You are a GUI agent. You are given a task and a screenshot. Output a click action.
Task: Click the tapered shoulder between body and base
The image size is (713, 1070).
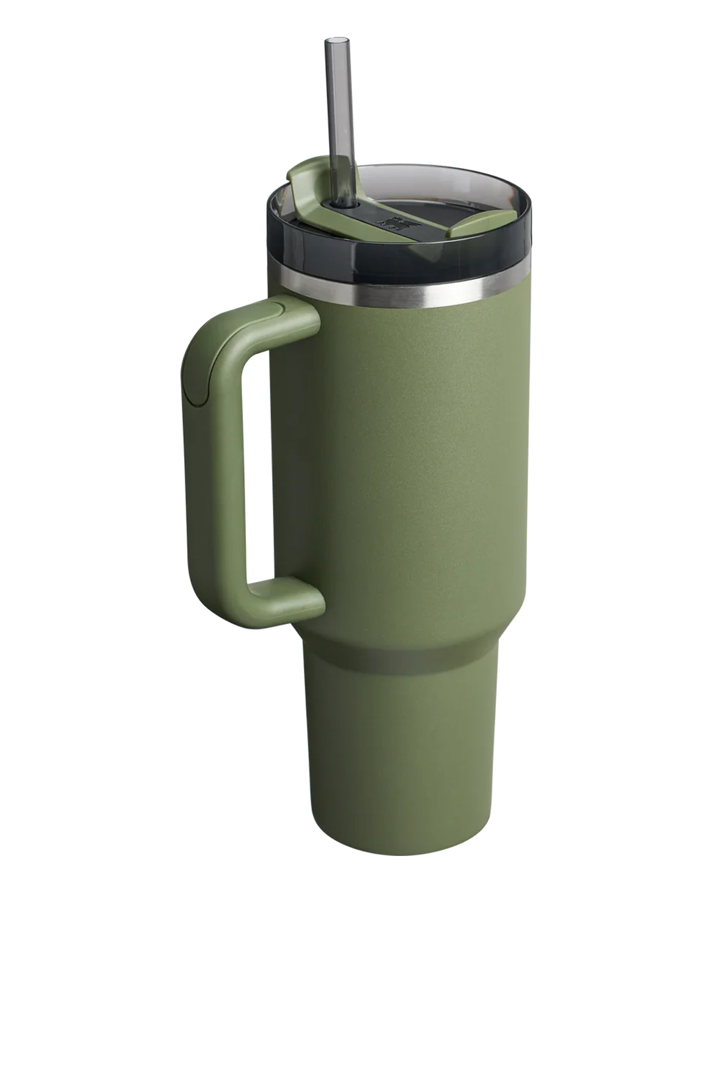404,636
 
